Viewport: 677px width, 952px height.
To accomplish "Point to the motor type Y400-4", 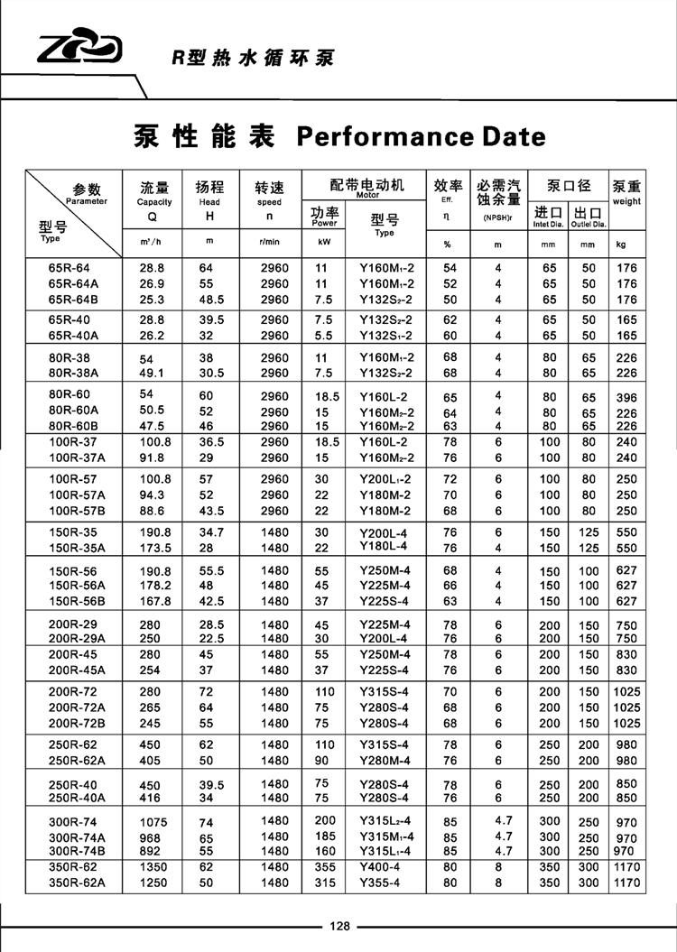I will click(x=380, y=867).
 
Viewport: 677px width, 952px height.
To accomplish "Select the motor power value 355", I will click(x=323, y=867).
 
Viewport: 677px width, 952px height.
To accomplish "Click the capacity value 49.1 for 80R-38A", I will click(x=152, y=373).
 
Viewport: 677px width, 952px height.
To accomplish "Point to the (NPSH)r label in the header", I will click(x=497, y=217).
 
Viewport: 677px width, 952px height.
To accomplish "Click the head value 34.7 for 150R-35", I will click(x=209, y=532).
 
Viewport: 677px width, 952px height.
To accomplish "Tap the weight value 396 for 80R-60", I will click(x=626, y=398).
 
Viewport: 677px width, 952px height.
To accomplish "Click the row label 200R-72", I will click(x=73, y=691).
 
